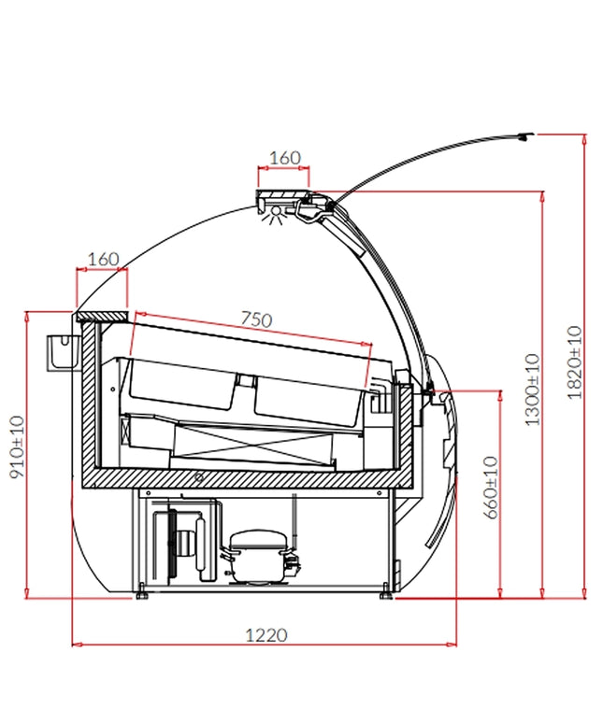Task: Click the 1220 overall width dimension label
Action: tap(266, 635)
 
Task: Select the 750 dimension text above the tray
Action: tap(256, 319)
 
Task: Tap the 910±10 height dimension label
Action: tap(17, 447)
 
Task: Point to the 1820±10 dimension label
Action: tap(575, 362)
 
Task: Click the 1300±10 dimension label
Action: tap(532, 390)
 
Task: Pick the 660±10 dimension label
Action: tap(492, 488)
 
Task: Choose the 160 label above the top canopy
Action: tap(284, 158)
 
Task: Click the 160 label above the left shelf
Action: tap(103, 259)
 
